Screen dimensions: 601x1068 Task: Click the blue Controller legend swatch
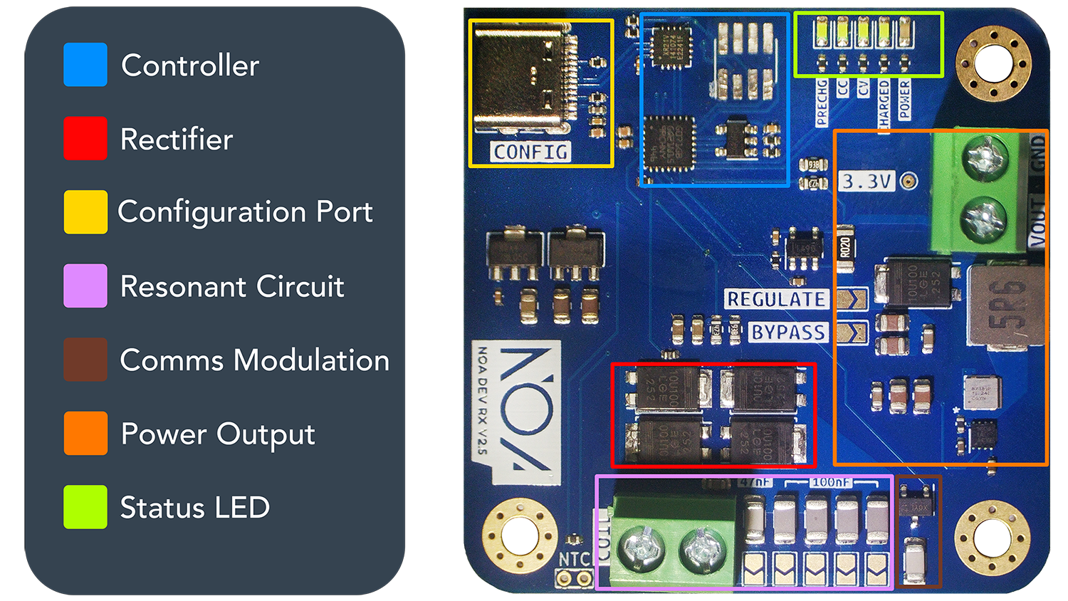click(85, 65)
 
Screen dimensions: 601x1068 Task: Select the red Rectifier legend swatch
click(85, 138)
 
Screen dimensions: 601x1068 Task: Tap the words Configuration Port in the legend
click(245, 212)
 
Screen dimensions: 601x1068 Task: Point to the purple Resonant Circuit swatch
click(85, 286)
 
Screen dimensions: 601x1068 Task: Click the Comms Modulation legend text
click(254, 360)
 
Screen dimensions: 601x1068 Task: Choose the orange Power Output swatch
click(85, 433)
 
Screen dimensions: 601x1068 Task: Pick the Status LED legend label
click(194, 508)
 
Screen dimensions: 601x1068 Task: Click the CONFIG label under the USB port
click(530, 152)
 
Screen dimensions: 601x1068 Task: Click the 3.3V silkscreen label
click(867, 182)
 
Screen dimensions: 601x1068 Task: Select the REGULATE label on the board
click(776, 299)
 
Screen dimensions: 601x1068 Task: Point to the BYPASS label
click(788, 333)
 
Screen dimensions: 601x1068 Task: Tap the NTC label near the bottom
click(574, 560)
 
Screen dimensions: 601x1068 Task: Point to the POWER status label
click(904, 100)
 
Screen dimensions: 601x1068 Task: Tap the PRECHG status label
click(822, 103)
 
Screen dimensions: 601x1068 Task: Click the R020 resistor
click(844, 248)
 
